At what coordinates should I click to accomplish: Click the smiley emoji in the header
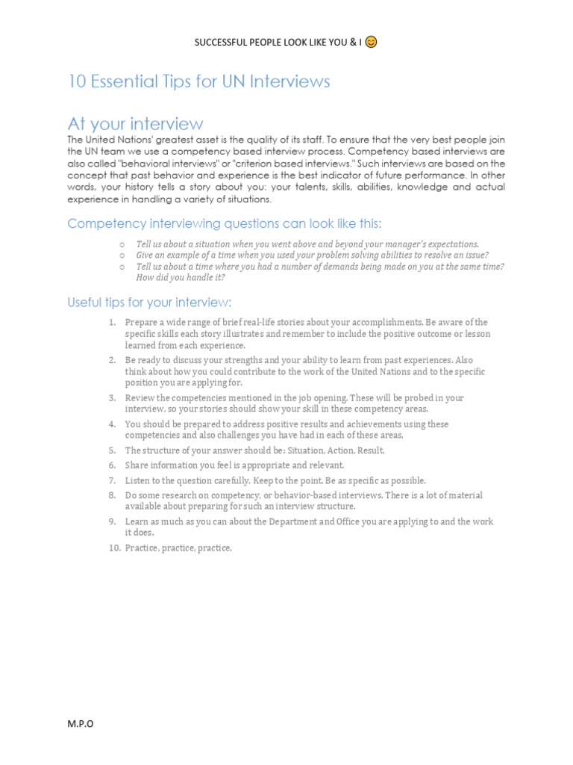click(x=372, y=42)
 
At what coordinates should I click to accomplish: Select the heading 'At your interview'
click(x=135, y=123)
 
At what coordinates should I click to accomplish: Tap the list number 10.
click(x=113, y=548)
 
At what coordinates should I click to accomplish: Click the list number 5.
click(x=112, y=450)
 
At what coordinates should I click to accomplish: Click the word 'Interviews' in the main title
click(x=286, y=81)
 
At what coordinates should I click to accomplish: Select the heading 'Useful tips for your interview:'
click(x=150, y=303)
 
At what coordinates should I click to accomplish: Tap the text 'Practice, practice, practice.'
click(x=178, y=548)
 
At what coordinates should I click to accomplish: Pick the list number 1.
click(x=112, y=322)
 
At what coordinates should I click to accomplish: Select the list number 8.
click(x=112, y=495)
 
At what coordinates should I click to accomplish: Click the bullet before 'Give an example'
click(x=121, y=255)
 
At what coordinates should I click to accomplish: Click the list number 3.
click(x=112, y=398)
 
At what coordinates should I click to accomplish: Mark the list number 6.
click(x=112, y=465)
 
